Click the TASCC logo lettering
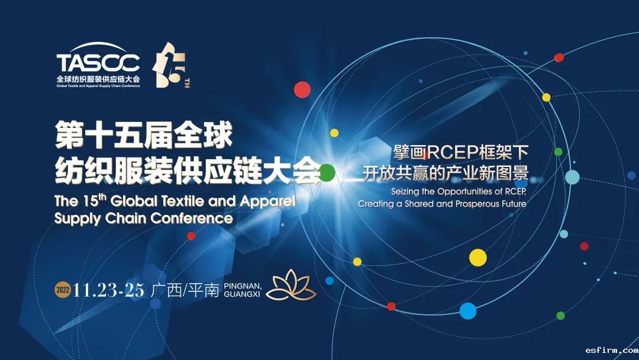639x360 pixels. pyautogui.click(x=98, y=62)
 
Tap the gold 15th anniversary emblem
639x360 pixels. pyautogui.click(x=171, y=65)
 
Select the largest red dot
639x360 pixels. pyautogui.click(x=302, y=89)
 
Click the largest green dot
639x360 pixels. pyautogui.click(x=327, y=173)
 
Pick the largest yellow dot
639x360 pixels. pyautogui.click(x=478, y=258)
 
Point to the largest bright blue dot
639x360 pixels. pyautogui.click(x=468, y=311)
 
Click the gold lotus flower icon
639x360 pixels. pyautogui.click(x=291, y=285)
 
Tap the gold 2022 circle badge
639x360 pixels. pyautogui.click(x=63, y=290)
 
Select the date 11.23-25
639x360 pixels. pyautogui.click(x=108, y=290)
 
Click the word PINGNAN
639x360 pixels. pyautogui.click(x=243, y=286)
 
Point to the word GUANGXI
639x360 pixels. pyautogui.click(x=241, y=294)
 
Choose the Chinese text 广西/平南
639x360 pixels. pyautogui.click(x=185, y=290)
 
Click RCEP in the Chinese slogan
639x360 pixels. pyautogui.click(x=453, y=153)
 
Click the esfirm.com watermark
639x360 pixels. pyautogui.click(x=612, y=350)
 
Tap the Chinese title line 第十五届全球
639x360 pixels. pyautogui.click(x=144, y=135)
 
